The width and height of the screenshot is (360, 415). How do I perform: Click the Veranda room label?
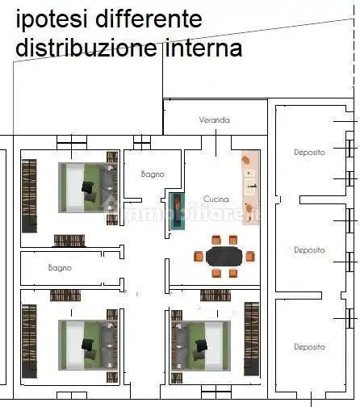tap(215, 120)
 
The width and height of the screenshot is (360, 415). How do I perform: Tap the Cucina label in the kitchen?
tap(216, 199)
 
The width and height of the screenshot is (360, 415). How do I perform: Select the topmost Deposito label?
tap(309, 152)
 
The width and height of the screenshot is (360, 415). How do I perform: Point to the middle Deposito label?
tap(309, 250)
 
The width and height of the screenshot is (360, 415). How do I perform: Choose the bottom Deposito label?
tap(309, 346)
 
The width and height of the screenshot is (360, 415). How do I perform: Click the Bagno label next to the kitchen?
tap(153, 174)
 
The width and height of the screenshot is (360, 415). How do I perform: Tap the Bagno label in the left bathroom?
tap(60, 266)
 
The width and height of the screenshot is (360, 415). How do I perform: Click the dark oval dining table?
tap(224, 256)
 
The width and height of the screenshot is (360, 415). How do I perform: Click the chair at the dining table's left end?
tap(198, 256)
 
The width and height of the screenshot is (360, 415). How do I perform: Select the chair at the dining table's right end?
tap(250, 256)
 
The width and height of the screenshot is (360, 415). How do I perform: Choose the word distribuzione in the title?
tap(85, 48)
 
